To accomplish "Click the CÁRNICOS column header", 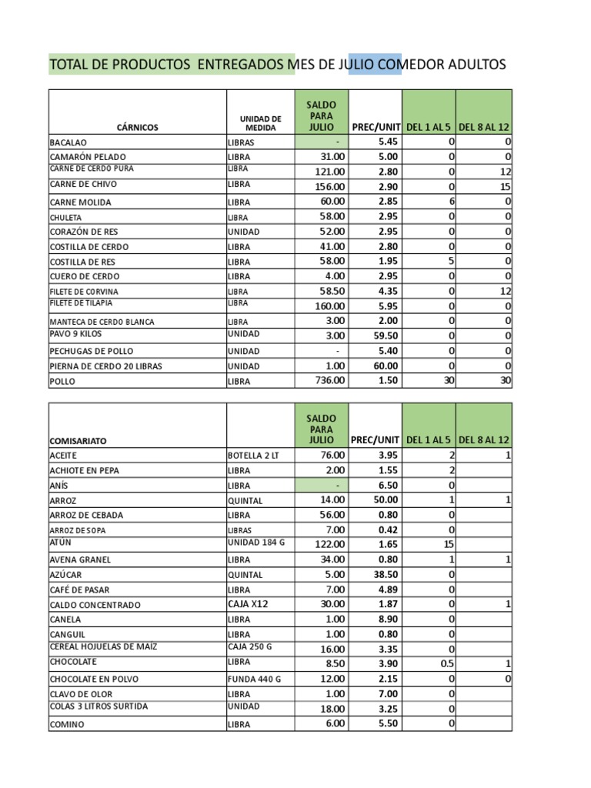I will [138, 128].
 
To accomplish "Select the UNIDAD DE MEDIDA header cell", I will [261, 123].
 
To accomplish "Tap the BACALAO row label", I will [68, 142].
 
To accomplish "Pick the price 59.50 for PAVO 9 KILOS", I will [386, 336].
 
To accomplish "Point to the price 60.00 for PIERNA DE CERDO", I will [386, 366].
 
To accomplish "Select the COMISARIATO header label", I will [78, 441].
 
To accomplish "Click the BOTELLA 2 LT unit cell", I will [254, 456].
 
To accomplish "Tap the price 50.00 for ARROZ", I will [386, 500].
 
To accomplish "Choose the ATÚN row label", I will [60, 543].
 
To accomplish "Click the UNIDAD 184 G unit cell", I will [256, 543].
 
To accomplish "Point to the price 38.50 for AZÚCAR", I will [386, 575].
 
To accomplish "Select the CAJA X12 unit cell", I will [248, 604].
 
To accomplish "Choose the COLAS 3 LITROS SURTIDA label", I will [98, 707].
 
